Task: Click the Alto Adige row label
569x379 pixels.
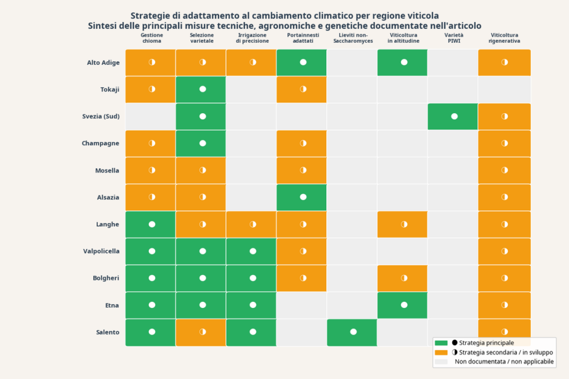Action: click(103, 63)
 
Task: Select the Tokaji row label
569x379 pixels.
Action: click(110, 89)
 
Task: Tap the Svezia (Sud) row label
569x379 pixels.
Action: click(101, 117)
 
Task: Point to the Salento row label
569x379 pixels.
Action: click(107, 332)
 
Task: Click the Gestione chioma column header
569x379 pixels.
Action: click(152, 38)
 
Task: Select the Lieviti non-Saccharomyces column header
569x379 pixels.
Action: click(353, 38)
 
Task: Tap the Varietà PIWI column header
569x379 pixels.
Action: click(454, 38)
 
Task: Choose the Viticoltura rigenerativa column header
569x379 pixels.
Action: click(505, 38)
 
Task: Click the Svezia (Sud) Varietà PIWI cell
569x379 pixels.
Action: click(454, 117)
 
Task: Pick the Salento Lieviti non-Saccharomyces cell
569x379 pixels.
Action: click(353, 332)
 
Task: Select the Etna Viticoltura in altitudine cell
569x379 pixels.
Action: click(404, 305)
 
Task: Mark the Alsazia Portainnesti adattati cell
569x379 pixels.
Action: click(303, 197)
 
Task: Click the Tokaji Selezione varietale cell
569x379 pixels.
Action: click(202, 89)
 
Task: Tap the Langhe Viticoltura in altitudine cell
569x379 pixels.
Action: click(404, 224)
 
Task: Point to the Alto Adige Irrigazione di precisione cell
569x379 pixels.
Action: click(253, 63)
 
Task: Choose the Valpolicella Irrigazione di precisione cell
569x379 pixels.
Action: click(253, 251)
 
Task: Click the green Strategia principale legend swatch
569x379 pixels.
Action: click(441, 343)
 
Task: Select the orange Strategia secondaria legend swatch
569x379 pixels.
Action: click(441, 352)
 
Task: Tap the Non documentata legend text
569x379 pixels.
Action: click(504, 362)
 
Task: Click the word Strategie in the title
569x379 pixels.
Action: click(151, 16)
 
